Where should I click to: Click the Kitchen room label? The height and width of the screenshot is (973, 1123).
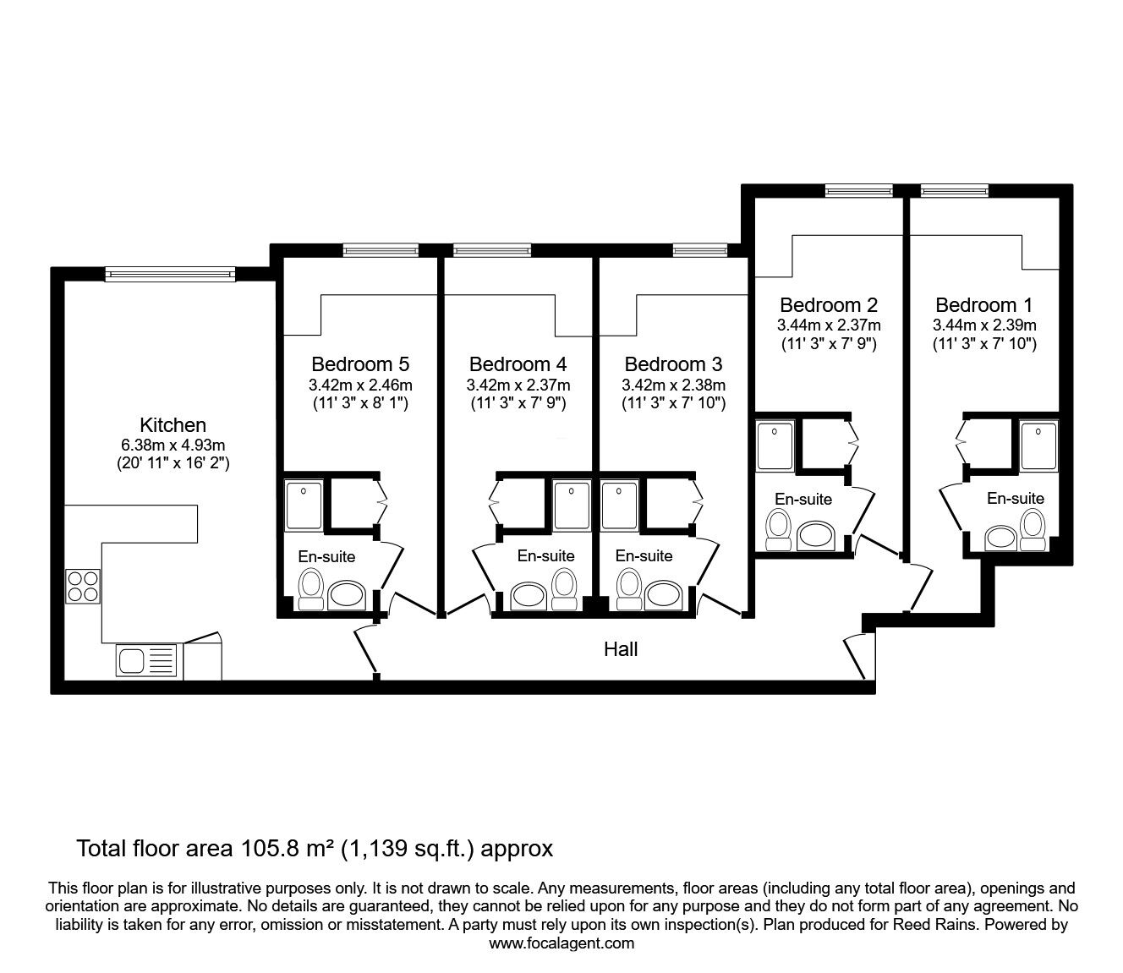coord(173,424)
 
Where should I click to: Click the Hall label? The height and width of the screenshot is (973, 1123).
coord(621,649)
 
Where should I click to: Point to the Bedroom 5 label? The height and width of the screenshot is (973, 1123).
coord(360,364)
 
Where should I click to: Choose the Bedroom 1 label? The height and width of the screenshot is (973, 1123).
coord(984,304)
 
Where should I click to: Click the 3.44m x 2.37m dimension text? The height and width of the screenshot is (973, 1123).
coord(829,325)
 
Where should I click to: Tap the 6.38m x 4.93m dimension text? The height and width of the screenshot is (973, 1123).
coord(173,445)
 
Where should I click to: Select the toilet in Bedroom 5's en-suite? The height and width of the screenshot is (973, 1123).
coord(311,589)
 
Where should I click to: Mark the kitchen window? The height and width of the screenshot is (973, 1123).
coord(170,273)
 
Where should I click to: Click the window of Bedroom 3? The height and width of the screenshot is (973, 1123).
coord(699,249)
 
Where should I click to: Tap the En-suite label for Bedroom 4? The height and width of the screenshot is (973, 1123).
coord(545,555)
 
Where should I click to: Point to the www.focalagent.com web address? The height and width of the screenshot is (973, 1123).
coord(561,943)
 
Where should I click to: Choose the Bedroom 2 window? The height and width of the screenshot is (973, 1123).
coord(859,190)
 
